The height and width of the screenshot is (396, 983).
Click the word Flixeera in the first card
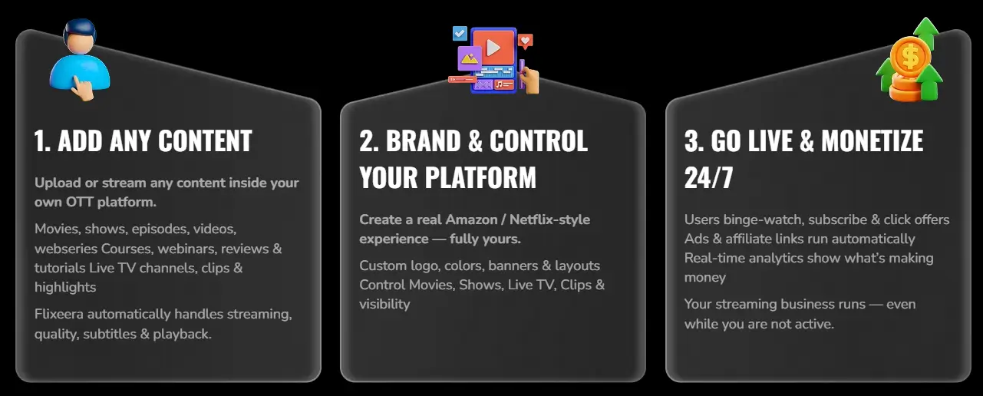point(59,314)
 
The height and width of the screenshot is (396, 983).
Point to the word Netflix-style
point(549,219)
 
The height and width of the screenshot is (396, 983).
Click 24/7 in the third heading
point(708,178)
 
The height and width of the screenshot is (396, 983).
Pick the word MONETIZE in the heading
point(872,141)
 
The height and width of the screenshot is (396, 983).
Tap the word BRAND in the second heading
point(423,141)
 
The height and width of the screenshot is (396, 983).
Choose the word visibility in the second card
point(385,304)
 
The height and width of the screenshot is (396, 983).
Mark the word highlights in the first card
point(65,287)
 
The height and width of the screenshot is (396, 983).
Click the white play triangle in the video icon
point(493,48)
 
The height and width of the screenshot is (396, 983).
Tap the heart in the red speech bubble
point(526,41)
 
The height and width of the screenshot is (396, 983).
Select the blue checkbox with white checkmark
point(460,33)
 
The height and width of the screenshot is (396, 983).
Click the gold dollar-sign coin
point(910,57)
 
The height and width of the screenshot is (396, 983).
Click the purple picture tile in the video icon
point(469,58)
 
